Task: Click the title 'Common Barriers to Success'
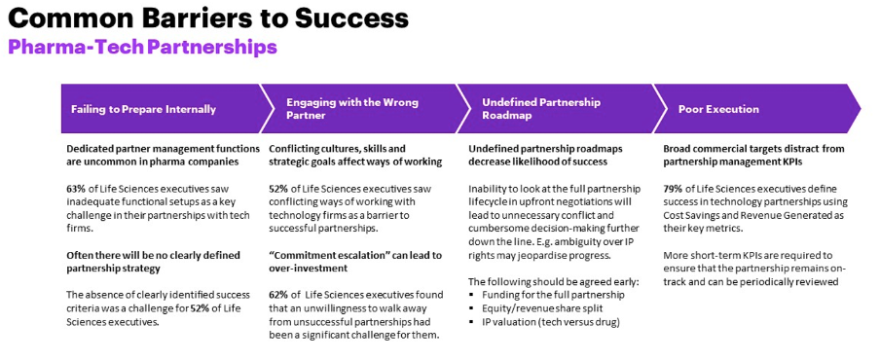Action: tap(208, 18)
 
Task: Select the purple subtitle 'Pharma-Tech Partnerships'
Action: tap(142, 47)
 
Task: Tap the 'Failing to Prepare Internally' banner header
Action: tap(143, 109)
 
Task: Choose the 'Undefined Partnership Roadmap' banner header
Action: tap(541, 108)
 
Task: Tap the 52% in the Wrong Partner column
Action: tap(279, 188)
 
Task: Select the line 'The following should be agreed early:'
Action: tap(552, 281)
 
